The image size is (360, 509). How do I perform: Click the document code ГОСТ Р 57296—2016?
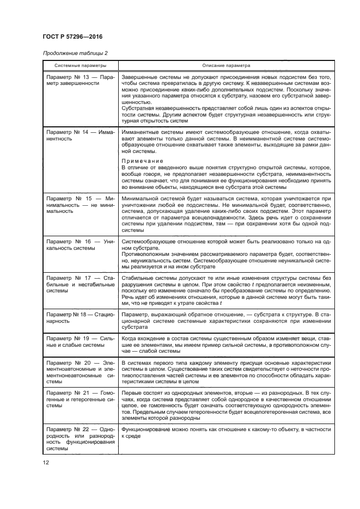pyautogui.click(x=72, y=36)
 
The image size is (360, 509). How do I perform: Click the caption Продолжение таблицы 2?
pyautogui.click(x=75, y=52)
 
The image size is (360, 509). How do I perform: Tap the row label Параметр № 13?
pyautogui.click(x=70, y=77)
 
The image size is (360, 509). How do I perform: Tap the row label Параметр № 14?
pyautogui.click(x=70, y=132)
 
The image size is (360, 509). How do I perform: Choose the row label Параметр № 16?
pyautogui.click(x=70, y=240)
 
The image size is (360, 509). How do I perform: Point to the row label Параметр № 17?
pyautogui.click(x=70, y=278)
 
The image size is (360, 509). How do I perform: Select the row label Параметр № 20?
pyautogui.click(x=70, y=362)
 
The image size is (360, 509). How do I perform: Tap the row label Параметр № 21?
pyautogui.click(x=70, y=392)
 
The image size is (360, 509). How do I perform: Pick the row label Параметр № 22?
pyautogui.click(x=70, y=430)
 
